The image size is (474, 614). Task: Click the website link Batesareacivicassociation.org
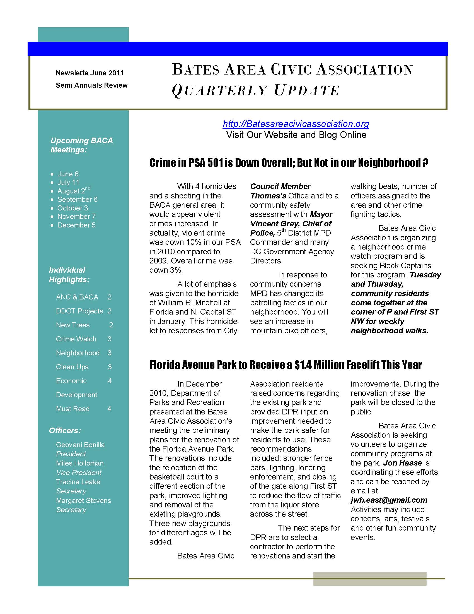click(296, 124)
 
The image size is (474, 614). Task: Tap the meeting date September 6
click(77, 199)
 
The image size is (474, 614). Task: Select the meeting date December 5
click(76, 225)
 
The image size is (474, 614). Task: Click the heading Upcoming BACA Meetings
click(81, 145)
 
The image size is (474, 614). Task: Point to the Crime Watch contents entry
click(76, 339)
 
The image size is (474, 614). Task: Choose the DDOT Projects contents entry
click(79, 311)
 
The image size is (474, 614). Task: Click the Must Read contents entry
click(73, 409)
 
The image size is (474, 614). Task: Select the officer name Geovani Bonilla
click(80, 445)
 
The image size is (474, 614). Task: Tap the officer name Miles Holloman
click(80, 463)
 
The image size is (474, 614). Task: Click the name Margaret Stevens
click(83, 500)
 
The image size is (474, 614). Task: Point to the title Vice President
click(79, 473)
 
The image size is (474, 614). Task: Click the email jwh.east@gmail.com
click(389, 500)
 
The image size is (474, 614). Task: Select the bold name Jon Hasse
click(402, 463)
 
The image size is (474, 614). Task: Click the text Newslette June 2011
click(90, 73)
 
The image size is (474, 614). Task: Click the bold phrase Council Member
click(280, 186)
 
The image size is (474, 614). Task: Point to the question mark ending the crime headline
click(425, 162)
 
